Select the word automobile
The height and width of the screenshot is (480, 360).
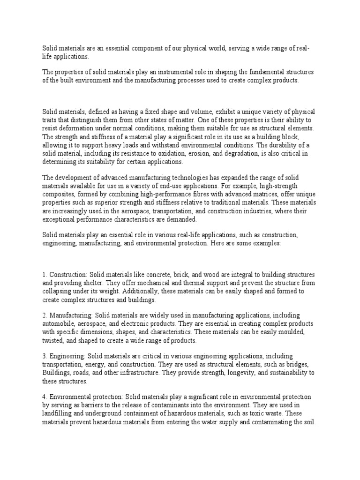[x=59, y=324]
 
